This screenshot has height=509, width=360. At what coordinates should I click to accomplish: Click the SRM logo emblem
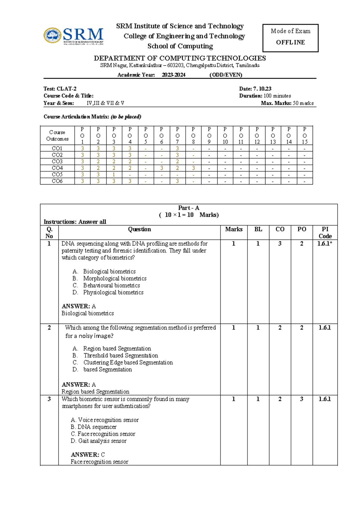click(52, 35)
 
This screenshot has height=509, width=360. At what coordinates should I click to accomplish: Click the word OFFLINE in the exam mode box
click(290, 42)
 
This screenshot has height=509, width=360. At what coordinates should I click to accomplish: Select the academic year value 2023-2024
click(173, 75)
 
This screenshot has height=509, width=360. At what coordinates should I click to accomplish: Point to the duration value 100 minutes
click(277, 96)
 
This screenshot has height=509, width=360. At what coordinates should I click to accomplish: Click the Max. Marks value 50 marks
click(303, 103)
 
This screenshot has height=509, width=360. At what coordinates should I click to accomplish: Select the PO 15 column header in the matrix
click(304, 135)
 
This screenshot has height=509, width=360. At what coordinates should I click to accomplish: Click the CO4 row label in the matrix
click(57, 168)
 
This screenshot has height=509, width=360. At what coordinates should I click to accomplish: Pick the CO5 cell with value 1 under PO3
click(114, 174)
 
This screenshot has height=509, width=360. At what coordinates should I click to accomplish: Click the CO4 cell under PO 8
click(193, 168)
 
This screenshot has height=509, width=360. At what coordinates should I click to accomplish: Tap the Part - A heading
click(189, 208)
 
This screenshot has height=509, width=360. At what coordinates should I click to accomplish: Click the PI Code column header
click(325, 233)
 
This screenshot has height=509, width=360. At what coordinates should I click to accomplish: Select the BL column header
click(258, 229)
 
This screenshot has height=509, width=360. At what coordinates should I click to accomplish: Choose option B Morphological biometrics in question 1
click(115, 279)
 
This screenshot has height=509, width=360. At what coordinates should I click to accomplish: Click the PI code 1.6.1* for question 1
click(325, 244)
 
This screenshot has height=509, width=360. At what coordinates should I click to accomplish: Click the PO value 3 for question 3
click(301, 399)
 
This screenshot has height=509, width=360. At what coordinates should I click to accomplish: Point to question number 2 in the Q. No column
click(49, 328)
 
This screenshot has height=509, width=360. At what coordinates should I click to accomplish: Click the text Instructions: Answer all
click(75, 222)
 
